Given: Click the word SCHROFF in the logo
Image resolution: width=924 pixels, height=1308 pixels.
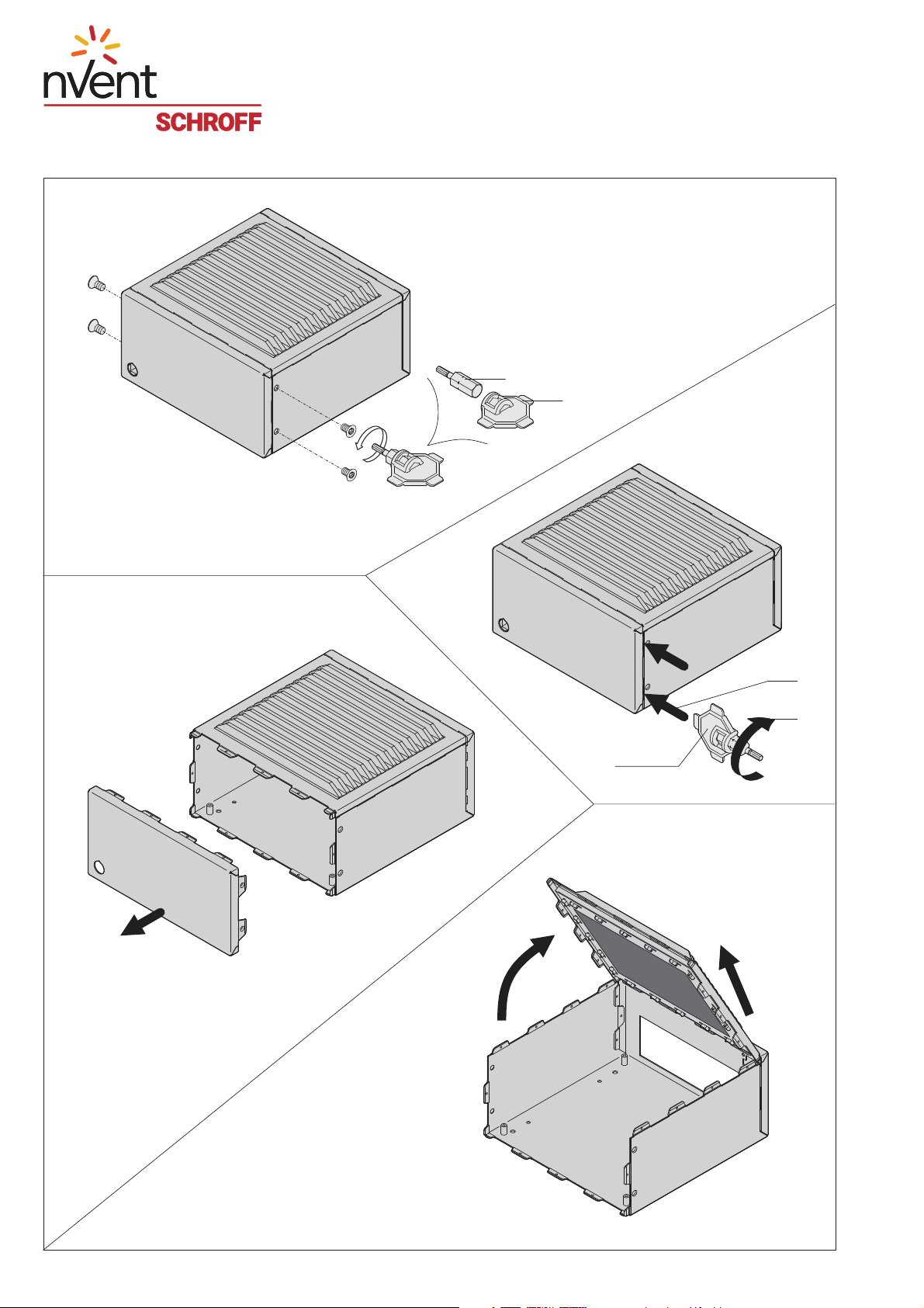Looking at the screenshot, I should [x=208, y=122].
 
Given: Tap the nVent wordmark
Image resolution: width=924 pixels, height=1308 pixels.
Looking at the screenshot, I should [x=100, y=82].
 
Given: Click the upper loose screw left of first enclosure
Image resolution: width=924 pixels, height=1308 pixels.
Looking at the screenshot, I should [x=96, y=283].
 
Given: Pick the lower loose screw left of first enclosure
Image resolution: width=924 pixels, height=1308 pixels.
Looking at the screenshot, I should [x=96, y=327].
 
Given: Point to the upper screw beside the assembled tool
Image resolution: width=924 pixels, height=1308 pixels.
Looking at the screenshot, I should [x=348, y=429].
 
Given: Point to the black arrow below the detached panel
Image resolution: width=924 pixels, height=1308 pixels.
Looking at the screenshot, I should [x=144, y=923].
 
